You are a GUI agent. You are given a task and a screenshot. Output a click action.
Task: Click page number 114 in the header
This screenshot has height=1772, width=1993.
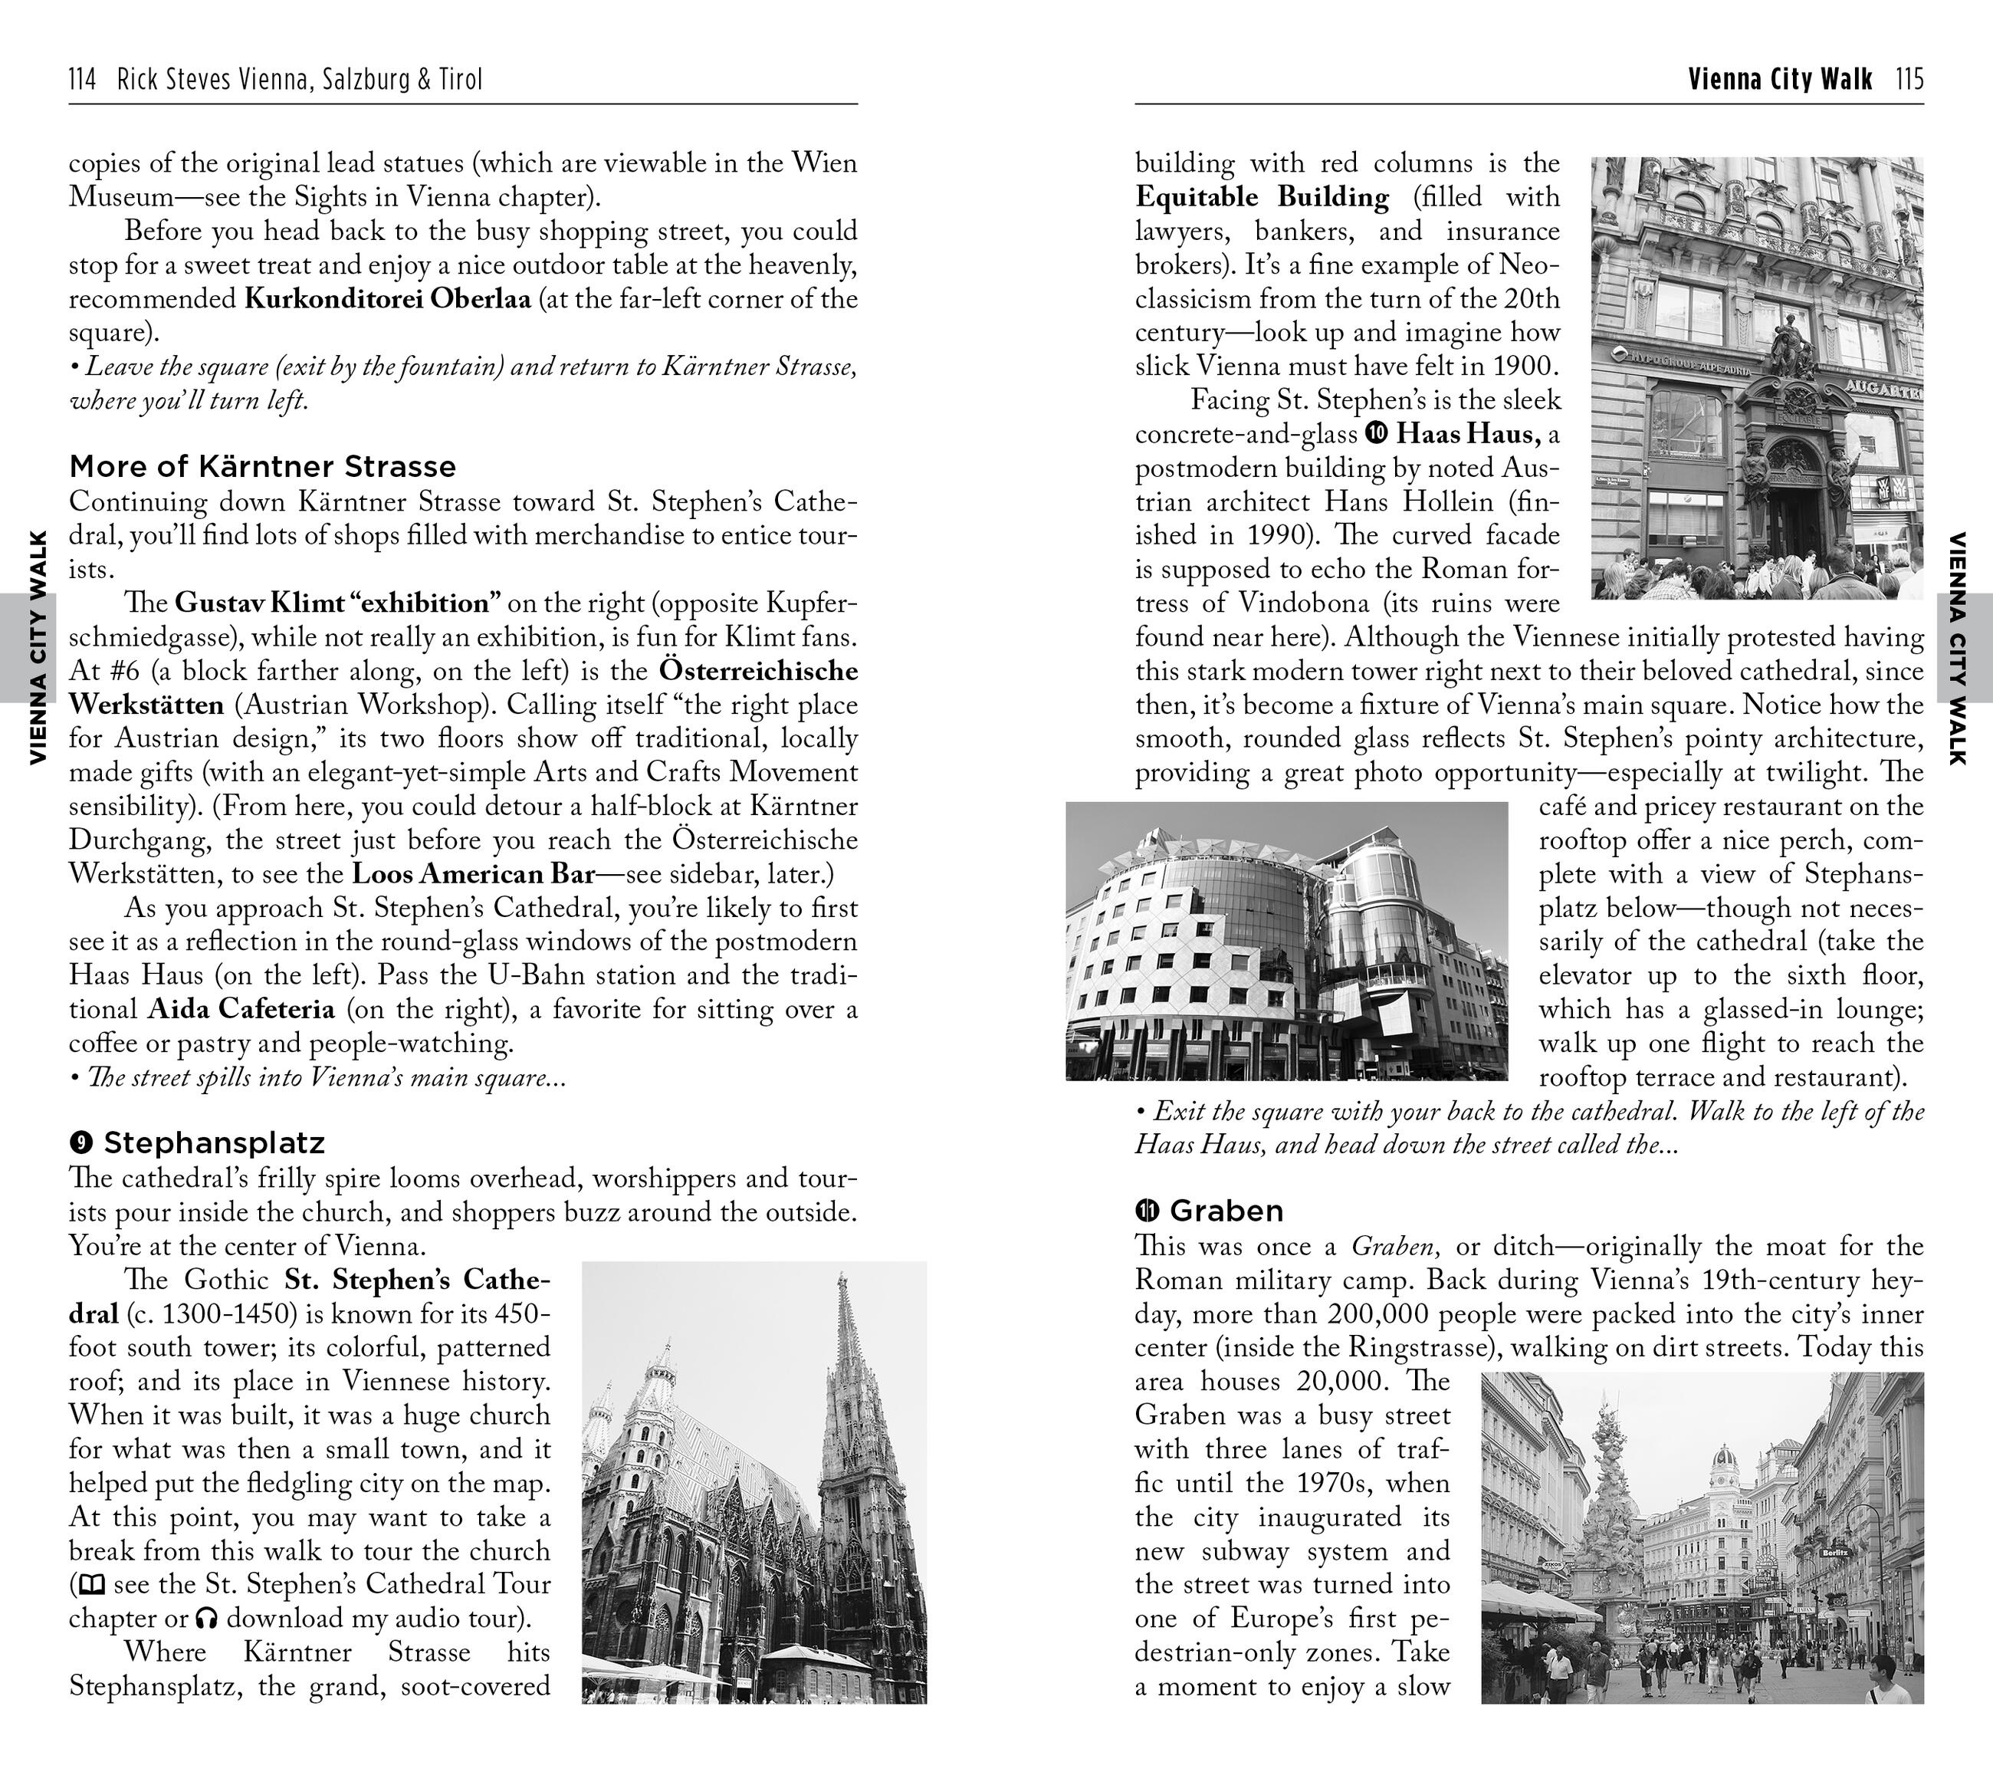coord(82,79)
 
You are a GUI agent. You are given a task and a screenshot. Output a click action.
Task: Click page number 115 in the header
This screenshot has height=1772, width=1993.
coord(1910,79)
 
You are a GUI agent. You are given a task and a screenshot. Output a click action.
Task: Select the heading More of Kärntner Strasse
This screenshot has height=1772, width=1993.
coord(262,466)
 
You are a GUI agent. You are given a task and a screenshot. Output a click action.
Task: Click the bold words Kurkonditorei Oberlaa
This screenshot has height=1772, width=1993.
coord(387,298)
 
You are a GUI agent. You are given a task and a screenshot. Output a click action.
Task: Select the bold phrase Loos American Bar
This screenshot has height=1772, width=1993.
coord(473,874)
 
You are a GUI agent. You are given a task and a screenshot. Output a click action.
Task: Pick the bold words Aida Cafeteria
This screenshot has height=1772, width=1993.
coord(241,1008)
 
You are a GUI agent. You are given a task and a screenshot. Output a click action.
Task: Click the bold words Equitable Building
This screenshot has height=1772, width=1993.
coord(1262,197)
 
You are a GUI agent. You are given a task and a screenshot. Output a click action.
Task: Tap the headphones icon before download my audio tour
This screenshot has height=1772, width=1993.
coord(205,1619)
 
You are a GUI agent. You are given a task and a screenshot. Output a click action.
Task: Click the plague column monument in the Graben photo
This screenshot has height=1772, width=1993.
coord(1603,1502)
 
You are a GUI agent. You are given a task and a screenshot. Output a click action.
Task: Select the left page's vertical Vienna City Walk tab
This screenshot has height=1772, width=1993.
coord(37,646)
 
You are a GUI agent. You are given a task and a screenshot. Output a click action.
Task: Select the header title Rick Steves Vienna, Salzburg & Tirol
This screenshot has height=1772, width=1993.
coord(300,79)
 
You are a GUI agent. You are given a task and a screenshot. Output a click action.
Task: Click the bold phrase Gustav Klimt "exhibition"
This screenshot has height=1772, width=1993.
coord(337,603)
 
